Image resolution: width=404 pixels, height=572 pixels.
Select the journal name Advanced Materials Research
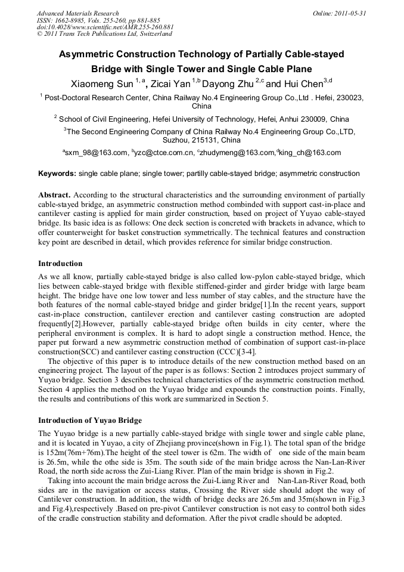pyautogui.click(x=77, y=13)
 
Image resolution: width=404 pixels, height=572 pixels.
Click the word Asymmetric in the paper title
pyautogui.click(x=88, y=54)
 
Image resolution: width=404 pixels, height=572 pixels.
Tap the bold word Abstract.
pyautogui.click(x=54, y=195)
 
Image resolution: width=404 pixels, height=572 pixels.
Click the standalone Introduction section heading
pyautogui.click(x=60, y=263)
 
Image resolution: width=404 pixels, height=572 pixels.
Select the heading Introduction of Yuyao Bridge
pyautogui.click(x=90, y=420)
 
